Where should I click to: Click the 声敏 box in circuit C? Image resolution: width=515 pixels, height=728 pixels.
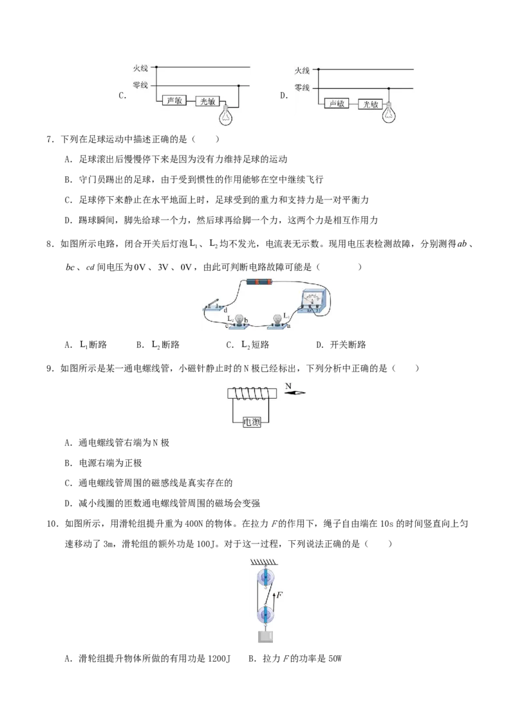click(x=174, y=100)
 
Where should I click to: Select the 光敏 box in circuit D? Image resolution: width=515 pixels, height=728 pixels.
click(x=370, y=104)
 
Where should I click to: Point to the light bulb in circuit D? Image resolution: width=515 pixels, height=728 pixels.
click(x=389, y=112)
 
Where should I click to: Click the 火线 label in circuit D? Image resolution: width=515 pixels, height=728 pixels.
click(x=302, y=71)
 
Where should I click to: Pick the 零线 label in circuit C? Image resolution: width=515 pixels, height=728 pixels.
click(x=140, y=85)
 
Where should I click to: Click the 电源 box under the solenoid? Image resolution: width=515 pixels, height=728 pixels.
click(x=252, y=422)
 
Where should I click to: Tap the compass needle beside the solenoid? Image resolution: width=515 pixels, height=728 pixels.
click(x=294, y=393)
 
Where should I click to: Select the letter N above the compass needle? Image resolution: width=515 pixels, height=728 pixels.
click(x=288, y=385)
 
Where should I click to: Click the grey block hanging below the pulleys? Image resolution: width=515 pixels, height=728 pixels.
click(x=265, y=637)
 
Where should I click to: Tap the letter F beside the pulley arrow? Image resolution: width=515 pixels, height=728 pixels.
click(x=280, y=594)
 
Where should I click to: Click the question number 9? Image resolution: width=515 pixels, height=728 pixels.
click(x=50, y=369)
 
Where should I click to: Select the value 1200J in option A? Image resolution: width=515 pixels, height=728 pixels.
click(x=218, y=659)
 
